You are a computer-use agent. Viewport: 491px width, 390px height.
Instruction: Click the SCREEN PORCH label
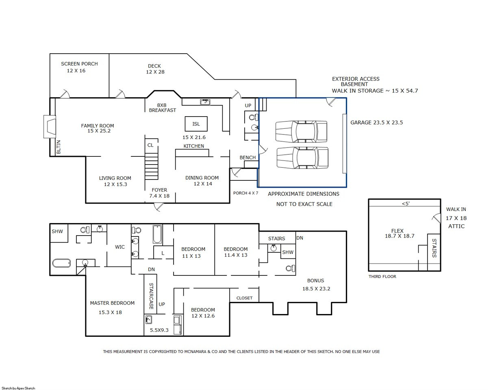(79, 64)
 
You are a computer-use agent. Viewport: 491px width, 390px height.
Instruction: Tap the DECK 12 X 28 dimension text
(155, 72)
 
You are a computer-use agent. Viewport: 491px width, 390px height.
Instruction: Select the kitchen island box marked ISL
(196, 124)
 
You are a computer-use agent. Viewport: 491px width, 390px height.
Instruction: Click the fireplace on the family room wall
(50, 127)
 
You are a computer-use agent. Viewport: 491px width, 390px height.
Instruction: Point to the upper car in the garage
(301, 132)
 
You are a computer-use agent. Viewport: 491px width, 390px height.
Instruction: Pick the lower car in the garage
(302, 158)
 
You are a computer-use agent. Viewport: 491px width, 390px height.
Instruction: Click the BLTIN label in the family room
(59, 147)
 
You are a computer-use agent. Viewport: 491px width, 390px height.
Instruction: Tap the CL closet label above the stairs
(150, 145)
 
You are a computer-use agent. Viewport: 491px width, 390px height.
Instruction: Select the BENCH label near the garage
(248, 158)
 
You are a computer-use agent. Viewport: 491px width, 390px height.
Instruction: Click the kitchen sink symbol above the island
(205, 102)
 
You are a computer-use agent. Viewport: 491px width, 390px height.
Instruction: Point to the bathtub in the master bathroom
(61, 263)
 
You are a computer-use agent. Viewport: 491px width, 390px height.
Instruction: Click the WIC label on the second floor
(120, 247)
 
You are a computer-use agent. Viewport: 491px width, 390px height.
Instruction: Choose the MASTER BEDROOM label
(112, 303)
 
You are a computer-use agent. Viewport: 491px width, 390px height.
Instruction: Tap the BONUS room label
(315, 281)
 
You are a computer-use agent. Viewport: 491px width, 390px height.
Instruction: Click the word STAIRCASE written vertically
(151, 296)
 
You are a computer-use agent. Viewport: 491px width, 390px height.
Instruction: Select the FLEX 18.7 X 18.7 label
(400, 233)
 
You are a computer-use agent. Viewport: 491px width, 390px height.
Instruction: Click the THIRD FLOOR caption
(382, 276)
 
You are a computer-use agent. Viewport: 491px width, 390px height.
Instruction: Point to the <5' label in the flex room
(406, 204)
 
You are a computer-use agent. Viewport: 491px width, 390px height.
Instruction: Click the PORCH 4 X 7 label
(245, 193)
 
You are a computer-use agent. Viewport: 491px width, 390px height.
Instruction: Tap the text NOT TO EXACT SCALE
(304, 204)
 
